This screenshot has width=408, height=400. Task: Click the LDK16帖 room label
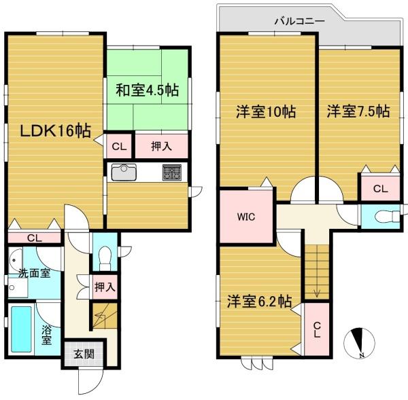click(x=56, y=130)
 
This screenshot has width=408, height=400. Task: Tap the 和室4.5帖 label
click(x=148, y=90)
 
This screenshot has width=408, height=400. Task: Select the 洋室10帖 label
click(x=266, y=111)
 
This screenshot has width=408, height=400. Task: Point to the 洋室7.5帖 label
click(x=358, y=111)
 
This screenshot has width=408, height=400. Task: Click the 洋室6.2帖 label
click(x=259, y=302)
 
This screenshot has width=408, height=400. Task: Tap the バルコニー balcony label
click(x=300, y=21)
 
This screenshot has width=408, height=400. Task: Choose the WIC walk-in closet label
click(x=246, y=217)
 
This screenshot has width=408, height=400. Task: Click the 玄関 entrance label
click(x=84, y=354)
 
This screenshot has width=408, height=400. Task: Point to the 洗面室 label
click(x=35, y=273)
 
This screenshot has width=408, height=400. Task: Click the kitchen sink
click(x=124, y=172)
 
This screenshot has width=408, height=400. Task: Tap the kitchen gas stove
click(x=172, y=172)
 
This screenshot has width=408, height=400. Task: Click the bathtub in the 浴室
click(x=22, y=329)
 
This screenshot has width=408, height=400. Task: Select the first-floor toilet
click(x=105, y=257)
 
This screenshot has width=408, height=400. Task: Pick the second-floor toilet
click(x=388, y=217)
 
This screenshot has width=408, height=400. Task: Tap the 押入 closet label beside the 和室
click(x=161, y=146)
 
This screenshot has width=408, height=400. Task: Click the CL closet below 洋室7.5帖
click(x=380, y=188)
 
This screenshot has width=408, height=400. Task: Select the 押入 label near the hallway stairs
click(x=105, y=287)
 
